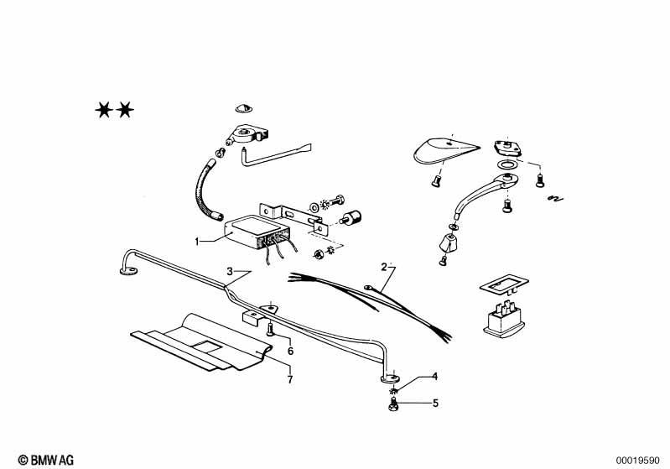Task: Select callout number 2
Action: pyautogui.click(x=384, y=267)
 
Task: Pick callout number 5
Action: pyautogui.click(x=434, y=403)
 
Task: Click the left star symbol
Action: pyautogui.click(x=104, y=109)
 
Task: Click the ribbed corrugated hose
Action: pyautogui.click(x=204, y=189)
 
